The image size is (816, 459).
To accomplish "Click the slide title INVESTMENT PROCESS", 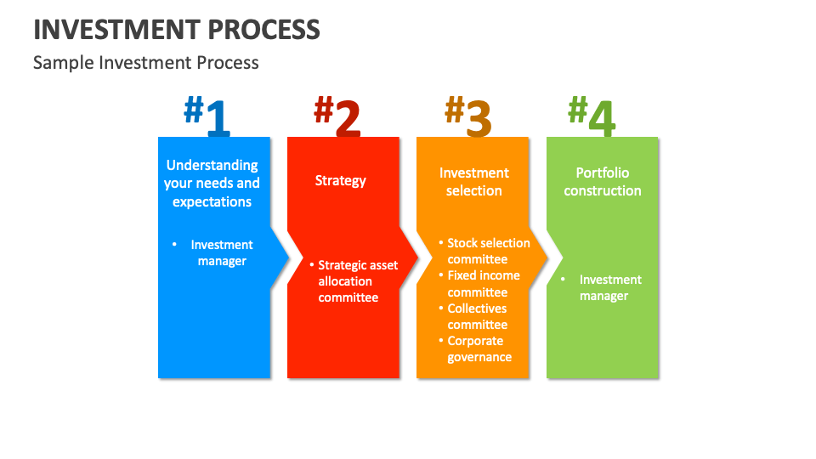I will [177, 29].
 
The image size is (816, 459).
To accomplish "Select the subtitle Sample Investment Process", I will [145, 63].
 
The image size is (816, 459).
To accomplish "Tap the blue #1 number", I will [207, 116].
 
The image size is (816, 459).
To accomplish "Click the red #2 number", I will [337, 116].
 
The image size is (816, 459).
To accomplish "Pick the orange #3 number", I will [468, 116].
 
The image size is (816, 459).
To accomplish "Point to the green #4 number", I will [592, 116].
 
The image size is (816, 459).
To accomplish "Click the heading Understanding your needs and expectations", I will [212, 184].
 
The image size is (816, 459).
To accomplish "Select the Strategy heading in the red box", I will [341, 180].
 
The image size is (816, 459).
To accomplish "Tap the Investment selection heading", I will [473, 182].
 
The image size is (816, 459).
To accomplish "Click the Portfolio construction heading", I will [603, 182].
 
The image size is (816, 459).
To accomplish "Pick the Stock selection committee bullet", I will [487, 251].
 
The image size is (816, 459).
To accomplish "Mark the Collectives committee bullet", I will [477, 316].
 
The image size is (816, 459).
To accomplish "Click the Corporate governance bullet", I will [479, 349].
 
